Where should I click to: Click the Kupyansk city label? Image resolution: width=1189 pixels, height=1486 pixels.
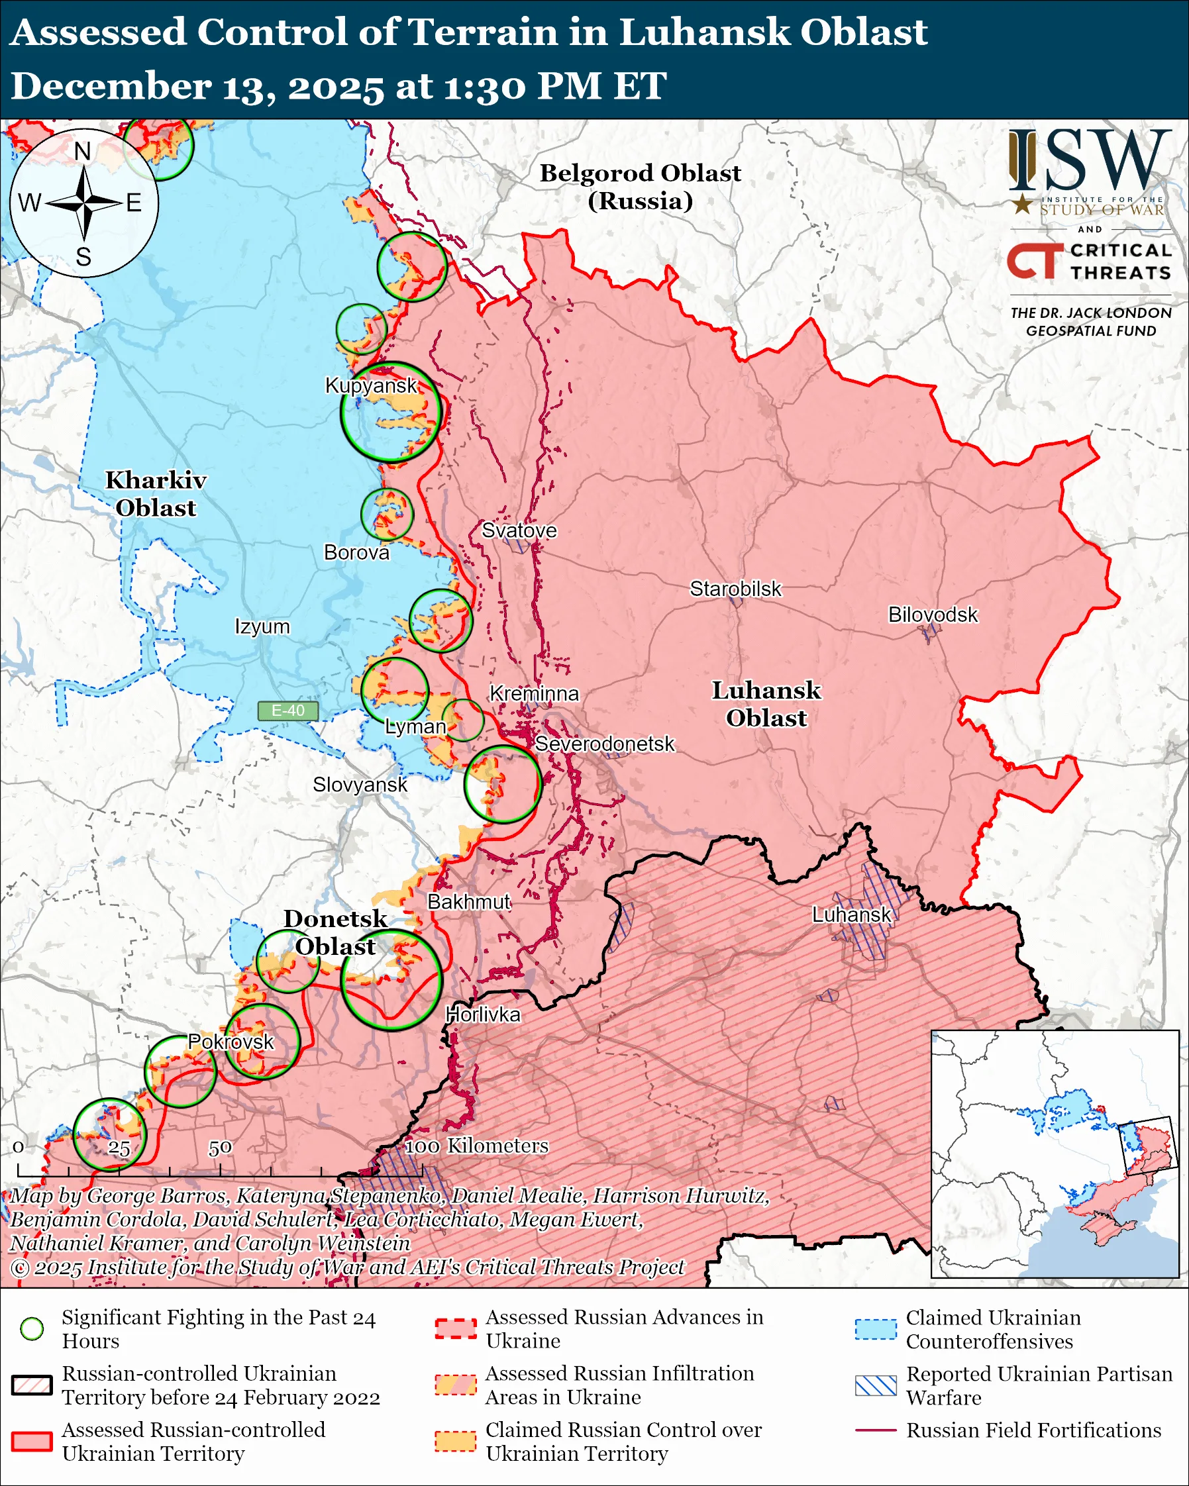coord(371,385)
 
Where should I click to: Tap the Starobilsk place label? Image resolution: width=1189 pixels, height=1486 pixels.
coord(735,589)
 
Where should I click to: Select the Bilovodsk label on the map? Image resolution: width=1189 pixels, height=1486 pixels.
coord(933,614)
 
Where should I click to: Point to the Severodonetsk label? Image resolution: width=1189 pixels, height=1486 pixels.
coord(605,744)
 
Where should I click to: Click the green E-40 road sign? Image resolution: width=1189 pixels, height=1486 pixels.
coord(287,711)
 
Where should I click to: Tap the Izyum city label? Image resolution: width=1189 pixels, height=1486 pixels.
coord(262,626)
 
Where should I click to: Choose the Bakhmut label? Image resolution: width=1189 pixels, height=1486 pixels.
coord(469,901)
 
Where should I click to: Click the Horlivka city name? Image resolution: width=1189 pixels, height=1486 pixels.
coord(482,1015)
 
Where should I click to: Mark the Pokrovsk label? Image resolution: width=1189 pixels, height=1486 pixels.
coord(231,1042)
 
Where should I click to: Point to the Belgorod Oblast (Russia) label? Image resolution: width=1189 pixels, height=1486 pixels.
coord(640,186)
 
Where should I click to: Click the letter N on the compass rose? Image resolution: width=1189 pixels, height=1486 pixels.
coord(83,151)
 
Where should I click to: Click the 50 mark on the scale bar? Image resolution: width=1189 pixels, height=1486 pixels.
coord(220,1148)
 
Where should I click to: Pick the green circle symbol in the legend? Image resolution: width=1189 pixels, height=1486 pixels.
coord(32,1328)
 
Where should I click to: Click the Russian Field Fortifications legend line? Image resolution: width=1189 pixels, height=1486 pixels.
coord(876,1430)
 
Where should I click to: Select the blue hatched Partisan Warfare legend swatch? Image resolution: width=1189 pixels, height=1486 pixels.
coord(876,1385)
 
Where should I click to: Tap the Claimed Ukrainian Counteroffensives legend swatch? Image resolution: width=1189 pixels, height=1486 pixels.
coord(876,1329)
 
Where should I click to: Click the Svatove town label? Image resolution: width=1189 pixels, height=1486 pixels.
coord(519,530)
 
